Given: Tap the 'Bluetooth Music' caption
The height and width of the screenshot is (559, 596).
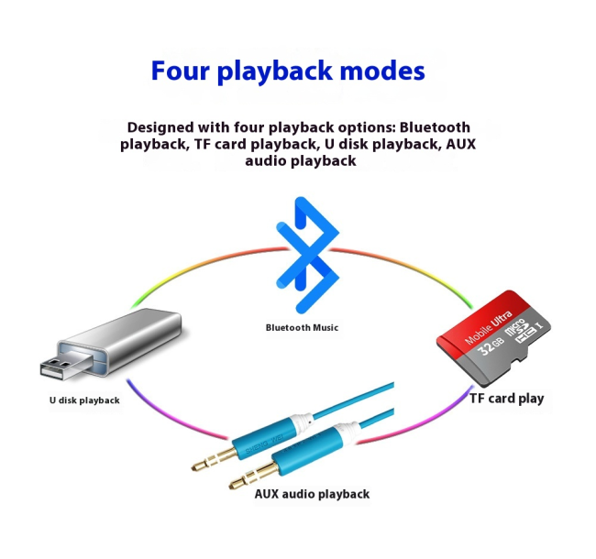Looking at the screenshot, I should [302, 327].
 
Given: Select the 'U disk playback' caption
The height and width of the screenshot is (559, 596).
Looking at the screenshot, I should [84, 400].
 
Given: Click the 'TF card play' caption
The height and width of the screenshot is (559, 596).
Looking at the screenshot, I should [506, 399].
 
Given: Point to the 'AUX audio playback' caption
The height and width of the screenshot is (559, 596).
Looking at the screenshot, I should [312, 494].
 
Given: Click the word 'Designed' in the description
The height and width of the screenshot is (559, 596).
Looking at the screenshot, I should [164, 127].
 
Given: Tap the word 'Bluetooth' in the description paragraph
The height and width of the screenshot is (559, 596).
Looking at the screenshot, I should [435, 127].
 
